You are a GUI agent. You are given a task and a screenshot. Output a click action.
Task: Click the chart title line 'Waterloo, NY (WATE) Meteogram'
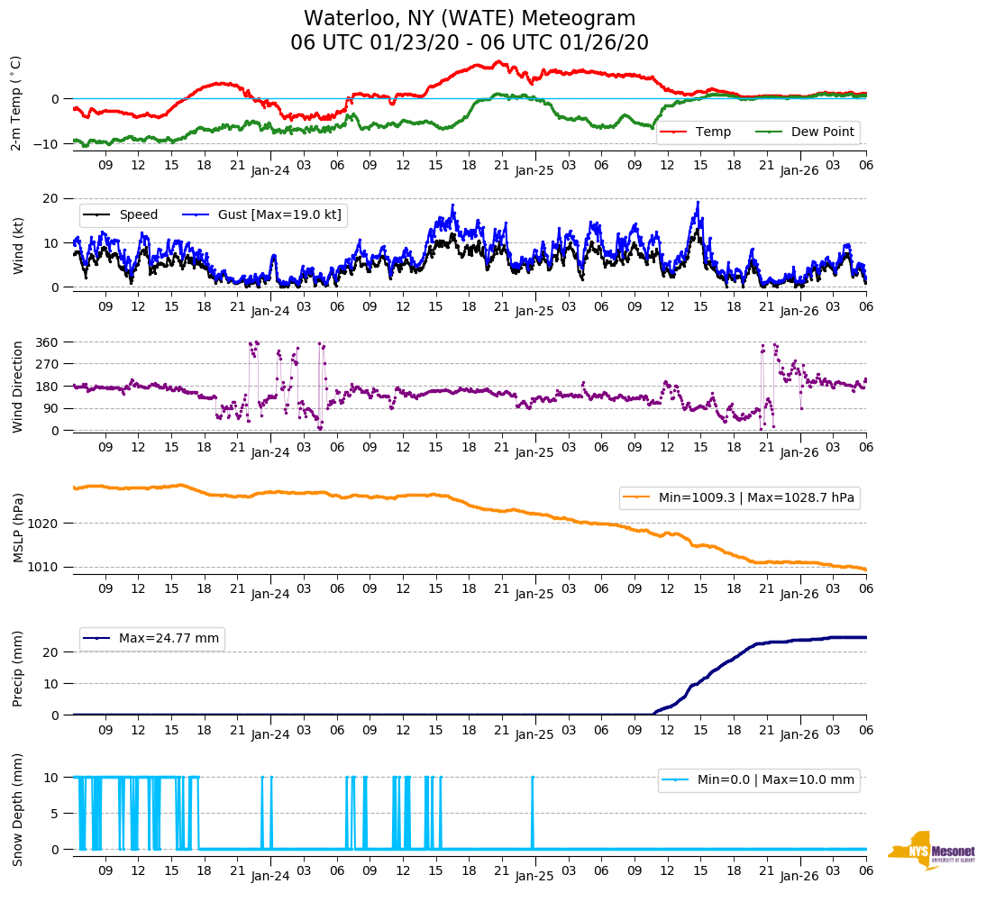point(470,18)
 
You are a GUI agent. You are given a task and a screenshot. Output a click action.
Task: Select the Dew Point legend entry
point(821,132)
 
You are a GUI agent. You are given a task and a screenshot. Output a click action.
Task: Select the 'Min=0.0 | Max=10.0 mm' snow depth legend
point(776,779)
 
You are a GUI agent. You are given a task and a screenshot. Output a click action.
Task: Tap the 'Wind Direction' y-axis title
point(17,386)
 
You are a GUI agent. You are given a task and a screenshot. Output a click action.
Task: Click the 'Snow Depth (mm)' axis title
point(17,808)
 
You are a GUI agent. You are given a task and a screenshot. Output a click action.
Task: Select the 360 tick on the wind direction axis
point(48,342)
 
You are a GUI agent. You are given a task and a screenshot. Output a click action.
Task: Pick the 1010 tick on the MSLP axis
point(46,567)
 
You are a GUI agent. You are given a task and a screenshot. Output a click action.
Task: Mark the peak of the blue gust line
point(698,202)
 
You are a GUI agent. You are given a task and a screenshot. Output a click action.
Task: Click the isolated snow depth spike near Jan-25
point(533,777)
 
